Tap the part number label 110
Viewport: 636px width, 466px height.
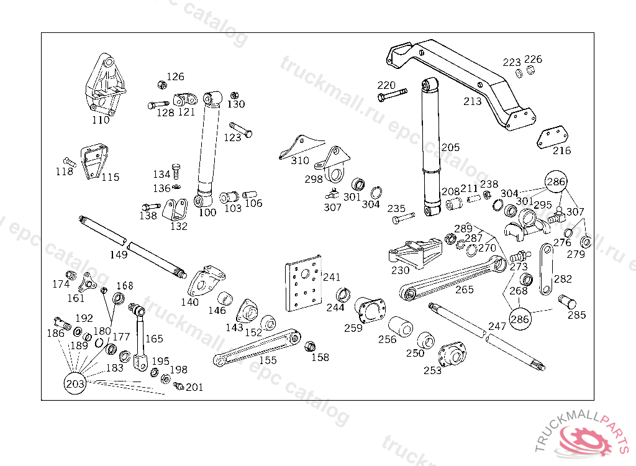coord(101,120)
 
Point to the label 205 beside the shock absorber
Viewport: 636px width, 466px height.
coord(450,147)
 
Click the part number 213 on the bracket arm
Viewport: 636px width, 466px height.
coord(473,101)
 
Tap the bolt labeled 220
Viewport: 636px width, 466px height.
coord(391,96)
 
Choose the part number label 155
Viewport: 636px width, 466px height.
coord(268,360)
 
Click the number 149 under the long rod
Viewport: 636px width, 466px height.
coord(119,254)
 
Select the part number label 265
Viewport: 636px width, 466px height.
coord(464,290)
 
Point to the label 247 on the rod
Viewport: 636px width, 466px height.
coord(497,326)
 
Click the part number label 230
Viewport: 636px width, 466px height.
coord(400,270)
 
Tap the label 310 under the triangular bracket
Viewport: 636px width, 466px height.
coord(299,160)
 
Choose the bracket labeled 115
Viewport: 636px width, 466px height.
coord(93,162)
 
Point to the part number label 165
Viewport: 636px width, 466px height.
coord(154,339)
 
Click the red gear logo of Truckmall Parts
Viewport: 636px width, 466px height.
coord(584,439)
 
